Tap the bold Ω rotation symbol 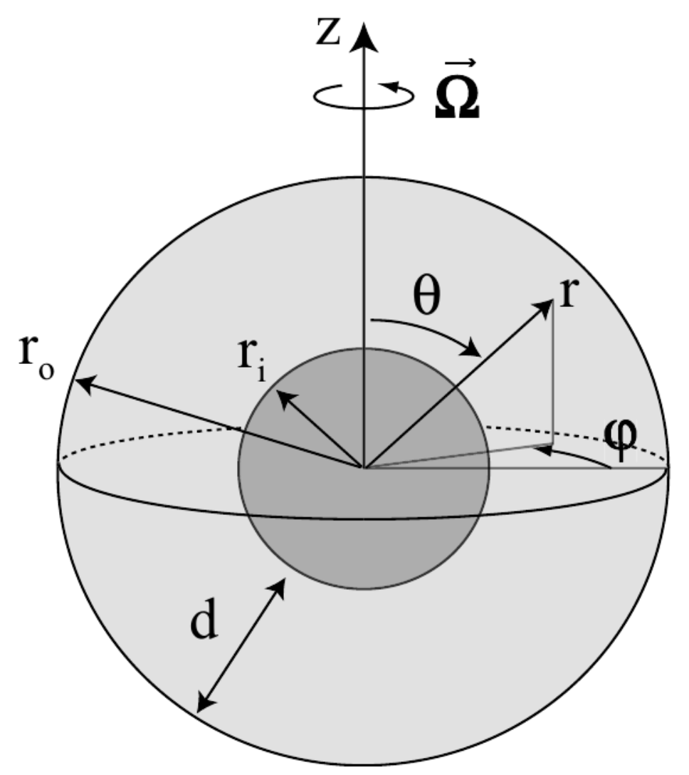coord(457,104)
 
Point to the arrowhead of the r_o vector coord(81,382)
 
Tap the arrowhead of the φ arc coord(542,448)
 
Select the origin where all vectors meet coord(364,468)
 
